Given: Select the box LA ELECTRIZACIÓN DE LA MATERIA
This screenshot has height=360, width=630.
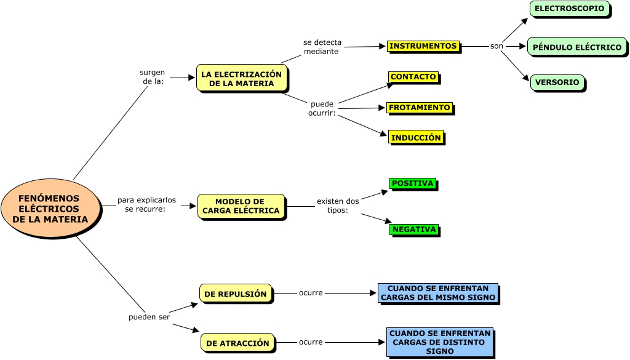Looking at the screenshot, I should pyautogui.click(x=241, y=78).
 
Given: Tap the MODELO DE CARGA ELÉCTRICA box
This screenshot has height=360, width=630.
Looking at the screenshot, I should pyautogui.click(x=241, y=206).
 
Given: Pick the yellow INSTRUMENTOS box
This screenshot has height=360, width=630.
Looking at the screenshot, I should pyautogui.click(x=423, y=46).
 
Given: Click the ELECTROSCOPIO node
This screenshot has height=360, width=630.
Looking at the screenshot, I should pyautogui.click(x=569, y=9).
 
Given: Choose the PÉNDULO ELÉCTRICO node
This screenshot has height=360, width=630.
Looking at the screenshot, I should pyautogui.click(x=576, y=47).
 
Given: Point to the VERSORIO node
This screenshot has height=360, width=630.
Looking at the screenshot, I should pyautogui.click(x=557, y=82).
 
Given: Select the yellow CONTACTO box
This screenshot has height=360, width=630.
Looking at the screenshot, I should pyautogui.click(x=413, y=77).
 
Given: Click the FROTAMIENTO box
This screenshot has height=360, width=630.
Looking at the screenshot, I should pyautogui.click(x=420, y=108).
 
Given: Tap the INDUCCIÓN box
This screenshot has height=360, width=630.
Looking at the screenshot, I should pyautogui.click(x=416, y=137).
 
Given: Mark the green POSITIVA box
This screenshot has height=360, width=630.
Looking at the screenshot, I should pyautogui.click(x=413, y=183).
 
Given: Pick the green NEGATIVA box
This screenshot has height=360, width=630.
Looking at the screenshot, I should pyautogui.click(x=414, y=230).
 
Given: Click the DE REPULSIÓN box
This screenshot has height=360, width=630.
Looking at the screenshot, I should pyautogui.click(x=236, y=294).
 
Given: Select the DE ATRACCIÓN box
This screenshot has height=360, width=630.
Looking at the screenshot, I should pyautogui.click(x=237, y=343).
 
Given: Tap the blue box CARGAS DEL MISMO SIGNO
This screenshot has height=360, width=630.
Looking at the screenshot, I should pyautogui.click(x=437, y=293).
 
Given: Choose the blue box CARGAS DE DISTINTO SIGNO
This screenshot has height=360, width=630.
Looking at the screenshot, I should pyautogui.click(x=440, y=342).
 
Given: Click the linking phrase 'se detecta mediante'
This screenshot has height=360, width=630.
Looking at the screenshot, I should pyautogui.click(x=322, y=47).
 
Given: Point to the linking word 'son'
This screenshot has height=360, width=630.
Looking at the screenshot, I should pyautogui.click(x=496, y=46).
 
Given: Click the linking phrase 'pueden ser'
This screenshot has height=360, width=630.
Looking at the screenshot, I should pyautogui.click(x=149, y=317).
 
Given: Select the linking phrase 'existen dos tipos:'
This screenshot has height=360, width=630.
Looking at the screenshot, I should pyautogui.click(x=338, y=206).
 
